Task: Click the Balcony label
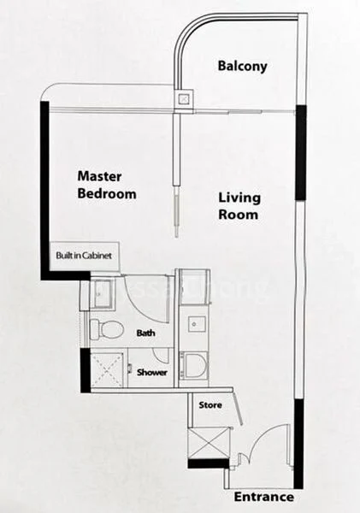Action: tap(242, 66)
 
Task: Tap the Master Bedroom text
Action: tap(107, 185)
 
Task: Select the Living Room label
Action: tap(238, 206)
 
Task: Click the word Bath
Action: tap(145, 333)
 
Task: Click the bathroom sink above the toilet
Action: tap(99, 291)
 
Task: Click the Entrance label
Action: tap(266, 497)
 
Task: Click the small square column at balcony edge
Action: tap(182, 98)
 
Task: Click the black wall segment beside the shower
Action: tap(85, 372)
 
